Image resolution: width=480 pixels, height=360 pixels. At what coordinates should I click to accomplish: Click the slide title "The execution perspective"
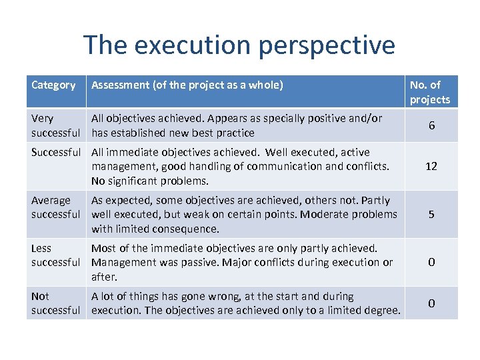click(x=239, y=45)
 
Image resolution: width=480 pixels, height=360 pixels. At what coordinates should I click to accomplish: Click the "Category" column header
click(x=53, y=85)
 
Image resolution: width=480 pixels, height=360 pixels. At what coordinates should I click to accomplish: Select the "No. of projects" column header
click(x=430, y=92)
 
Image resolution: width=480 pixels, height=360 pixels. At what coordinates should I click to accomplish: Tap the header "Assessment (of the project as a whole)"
click(x=187, y=85)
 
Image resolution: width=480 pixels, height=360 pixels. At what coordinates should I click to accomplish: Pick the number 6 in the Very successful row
click(x=431, y=125)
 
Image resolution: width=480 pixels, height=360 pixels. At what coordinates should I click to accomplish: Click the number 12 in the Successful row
click(x=431, y=166)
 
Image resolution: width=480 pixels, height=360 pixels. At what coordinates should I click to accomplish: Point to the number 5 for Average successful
click(x=431, y=214)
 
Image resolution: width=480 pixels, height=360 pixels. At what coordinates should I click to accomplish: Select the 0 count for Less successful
click(x=431, y=262)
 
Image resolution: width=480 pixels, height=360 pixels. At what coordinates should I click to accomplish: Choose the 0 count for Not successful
click(x=431, y=303)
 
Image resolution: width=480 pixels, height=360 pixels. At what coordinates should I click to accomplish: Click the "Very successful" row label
click(x=55, y=125)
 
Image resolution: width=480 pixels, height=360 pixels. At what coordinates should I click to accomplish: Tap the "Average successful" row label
click(x=55, y=207)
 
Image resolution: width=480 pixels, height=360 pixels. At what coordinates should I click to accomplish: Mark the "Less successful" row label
click(x=55, y=255)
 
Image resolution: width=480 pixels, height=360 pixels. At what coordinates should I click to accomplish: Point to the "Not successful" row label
click(x=55, y=303)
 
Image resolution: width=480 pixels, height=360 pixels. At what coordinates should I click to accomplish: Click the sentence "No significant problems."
click(x=150, y=181)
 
